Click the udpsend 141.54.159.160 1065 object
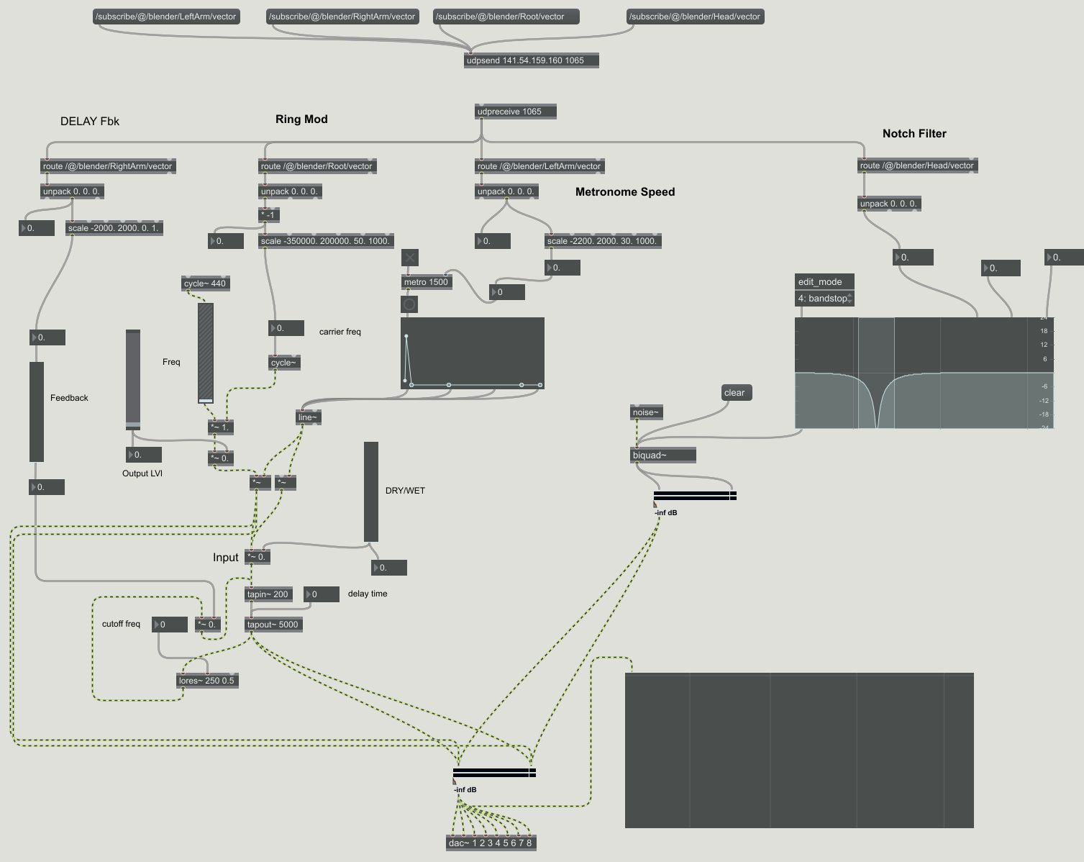532,60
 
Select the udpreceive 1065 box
516,112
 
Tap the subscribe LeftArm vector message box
166,17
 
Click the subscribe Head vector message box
694,17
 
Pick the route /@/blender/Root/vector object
316,166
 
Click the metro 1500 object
426,282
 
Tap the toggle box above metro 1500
410,258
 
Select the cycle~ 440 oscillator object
205,283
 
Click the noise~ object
645,412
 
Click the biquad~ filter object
662,455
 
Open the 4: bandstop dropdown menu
824,299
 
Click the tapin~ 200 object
268,594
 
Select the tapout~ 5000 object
273,625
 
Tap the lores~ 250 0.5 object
207,681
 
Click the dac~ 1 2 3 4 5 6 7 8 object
491,843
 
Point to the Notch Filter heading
914,134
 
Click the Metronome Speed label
625,192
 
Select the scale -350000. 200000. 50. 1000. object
326,241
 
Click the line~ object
308,417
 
